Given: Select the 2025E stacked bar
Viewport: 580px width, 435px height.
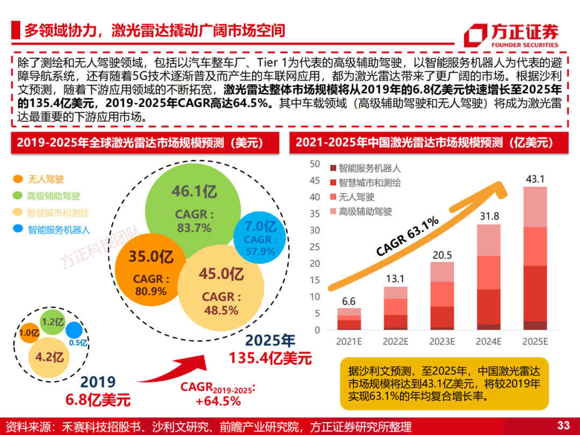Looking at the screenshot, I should click(x=535, y=258).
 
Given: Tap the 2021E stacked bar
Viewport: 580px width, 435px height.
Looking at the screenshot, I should click(x=349, y=319).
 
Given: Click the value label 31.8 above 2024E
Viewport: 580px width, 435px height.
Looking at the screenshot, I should click(x=488, y=217).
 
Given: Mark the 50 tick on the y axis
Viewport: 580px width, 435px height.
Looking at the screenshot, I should click(x=315, y=164).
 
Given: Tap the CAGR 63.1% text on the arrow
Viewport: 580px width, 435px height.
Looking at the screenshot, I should click(x=407, y=236).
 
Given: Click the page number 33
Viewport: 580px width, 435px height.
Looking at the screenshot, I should click(x=563, y=426).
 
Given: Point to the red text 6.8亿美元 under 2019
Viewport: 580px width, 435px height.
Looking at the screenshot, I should click(x=98, y=400).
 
